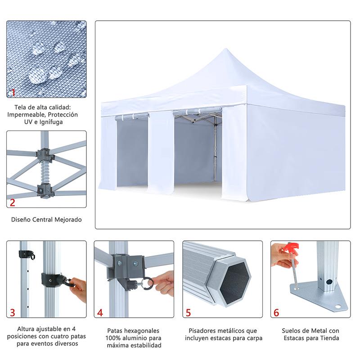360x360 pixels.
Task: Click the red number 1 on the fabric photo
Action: [x=13, y=92]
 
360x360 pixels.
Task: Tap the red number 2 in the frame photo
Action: [x=13, y=202]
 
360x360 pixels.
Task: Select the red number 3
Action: [x=13, y=313]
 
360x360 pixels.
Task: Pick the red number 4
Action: [x=100, y=313]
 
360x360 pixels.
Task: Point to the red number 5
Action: [x=188, y=313]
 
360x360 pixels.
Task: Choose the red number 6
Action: [x=276, y=313]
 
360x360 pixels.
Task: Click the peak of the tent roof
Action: [x=225, y=49]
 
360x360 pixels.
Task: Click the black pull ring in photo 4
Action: [x=148, y=283]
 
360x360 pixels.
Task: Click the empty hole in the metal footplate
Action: [x=338, y=306]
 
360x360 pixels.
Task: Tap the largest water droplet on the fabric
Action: [x=37, y=75]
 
